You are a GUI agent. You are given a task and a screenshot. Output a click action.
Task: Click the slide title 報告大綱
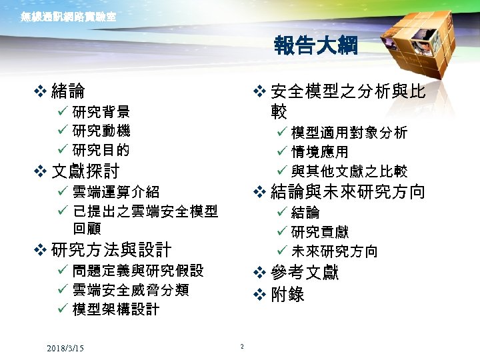pos(315,46)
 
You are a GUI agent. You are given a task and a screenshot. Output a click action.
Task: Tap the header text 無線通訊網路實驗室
pos(69,17)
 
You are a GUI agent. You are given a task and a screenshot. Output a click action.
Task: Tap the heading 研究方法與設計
pos(111,250)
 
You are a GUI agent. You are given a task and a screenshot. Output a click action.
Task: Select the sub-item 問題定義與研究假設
pos(138,271)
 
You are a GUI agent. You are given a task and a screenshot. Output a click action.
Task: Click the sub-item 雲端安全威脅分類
pos(131,290)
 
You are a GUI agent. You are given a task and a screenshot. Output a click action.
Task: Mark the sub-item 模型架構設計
pos(116,309)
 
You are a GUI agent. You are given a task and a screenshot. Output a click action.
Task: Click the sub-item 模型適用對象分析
pos(349,133)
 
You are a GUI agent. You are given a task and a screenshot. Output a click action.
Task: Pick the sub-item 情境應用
pos(320,152)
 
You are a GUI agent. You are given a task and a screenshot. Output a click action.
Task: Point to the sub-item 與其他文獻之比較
pos(349,172)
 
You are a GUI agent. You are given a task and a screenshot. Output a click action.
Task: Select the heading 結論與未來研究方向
pos(348,192)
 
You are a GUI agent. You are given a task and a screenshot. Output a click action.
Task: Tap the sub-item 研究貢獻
pos(320,232)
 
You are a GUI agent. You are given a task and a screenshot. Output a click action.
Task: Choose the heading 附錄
pos(288,293)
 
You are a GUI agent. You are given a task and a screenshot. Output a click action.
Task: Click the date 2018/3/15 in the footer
pos(65,349)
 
